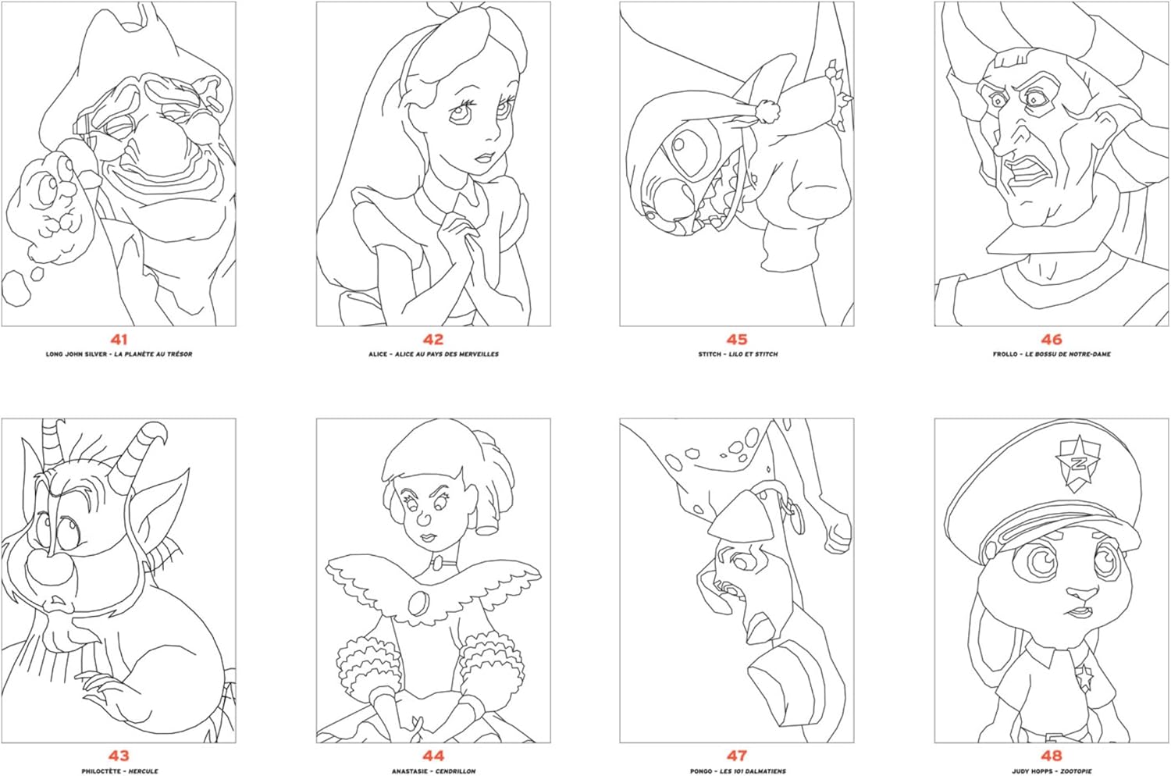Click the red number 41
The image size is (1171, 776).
tap(119, 340)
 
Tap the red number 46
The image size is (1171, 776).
tap(1052, 340)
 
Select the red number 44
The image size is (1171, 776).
tap(433, 756)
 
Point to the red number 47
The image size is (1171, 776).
tap(737, 756)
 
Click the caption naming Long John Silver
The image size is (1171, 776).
tap(119, 354)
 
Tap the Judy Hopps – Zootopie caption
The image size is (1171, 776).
tap(1052, 771)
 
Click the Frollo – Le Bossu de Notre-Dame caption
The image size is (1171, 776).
tap(1052, 354)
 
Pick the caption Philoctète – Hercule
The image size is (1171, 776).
tap(119, 771)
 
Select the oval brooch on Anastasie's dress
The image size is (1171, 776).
tap(418, 603)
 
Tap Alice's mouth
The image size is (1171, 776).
tap(486, 158)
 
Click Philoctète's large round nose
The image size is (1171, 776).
tap(47, 568)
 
